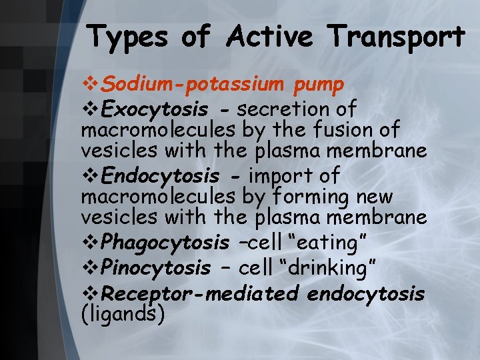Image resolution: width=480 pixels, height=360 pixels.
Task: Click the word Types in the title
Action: pos(127,37)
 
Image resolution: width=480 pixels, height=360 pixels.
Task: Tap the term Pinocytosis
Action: pos(157,268)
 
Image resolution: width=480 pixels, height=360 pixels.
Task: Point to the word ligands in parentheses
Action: pos(123,313)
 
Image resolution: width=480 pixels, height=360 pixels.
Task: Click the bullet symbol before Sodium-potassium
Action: pos(91,85)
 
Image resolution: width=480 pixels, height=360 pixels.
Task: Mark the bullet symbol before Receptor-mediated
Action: pos(91,293)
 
